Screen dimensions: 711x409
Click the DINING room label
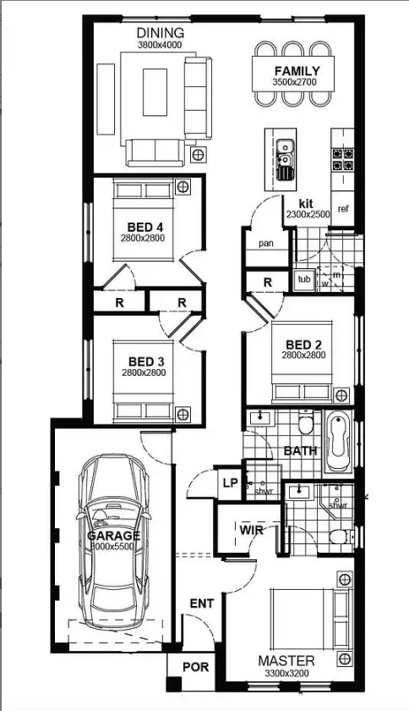(x=160, y=33)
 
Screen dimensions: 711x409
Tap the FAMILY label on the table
(x=296, y=72)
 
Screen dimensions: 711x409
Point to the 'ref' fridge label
(x=343, y=208)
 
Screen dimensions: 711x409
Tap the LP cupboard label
(x=229, y=482)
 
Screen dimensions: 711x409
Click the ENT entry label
(x=202, y=604)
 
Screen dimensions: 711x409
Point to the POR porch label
(x=195, y=667)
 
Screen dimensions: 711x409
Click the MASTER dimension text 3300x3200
(x=286, y=672)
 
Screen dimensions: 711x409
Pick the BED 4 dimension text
(x=142, y=239)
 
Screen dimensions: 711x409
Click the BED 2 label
(x=304, y=344)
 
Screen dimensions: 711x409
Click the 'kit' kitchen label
(x=307, y=204)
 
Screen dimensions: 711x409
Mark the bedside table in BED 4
(x=183, y=186)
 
